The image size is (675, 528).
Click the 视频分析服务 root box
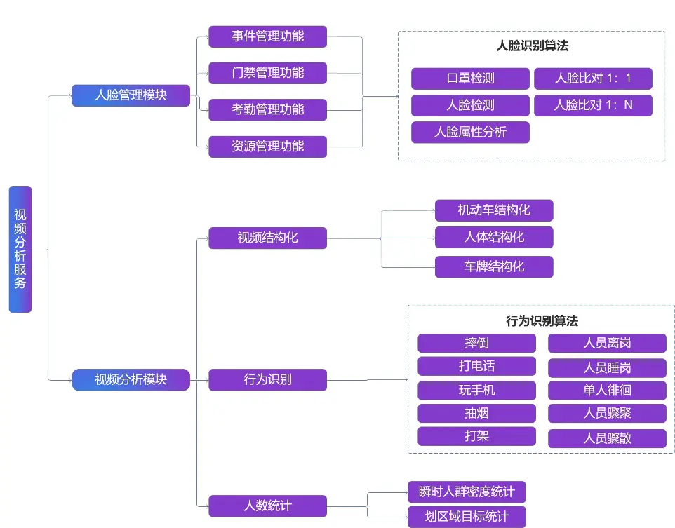coord(20,249)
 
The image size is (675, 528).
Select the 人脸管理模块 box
coord(131,95)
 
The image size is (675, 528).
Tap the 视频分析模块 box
coord(131,379)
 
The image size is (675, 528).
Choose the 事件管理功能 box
coord(267,36)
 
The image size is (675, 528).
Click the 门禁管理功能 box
coord(267,73)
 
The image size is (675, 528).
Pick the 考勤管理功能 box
coord(267,109)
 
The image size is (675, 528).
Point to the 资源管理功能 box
coord(267,147)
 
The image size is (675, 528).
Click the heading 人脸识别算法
coord(532,46)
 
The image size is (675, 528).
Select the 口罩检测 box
coord(470,78)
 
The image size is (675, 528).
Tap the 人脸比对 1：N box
coord(593,105)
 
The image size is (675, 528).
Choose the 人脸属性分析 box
coord(470,132)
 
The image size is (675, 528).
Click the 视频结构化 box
coord(267,238)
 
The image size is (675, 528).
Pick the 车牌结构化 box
coord(494,266)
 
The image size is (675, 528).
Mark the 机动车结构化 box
coord(494,210)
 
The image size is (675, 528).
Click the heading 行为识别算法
coord(542,321)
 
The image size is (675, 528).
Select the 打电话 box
coord(476,366)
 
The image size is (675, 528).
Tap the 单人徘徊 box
coord(607,390)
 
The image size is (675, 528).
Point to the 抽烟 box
coord(476,413)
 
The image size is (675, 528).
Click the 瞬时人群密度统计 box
coord(466,492)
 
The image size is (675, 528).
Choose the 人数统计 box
coord(267,506)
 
